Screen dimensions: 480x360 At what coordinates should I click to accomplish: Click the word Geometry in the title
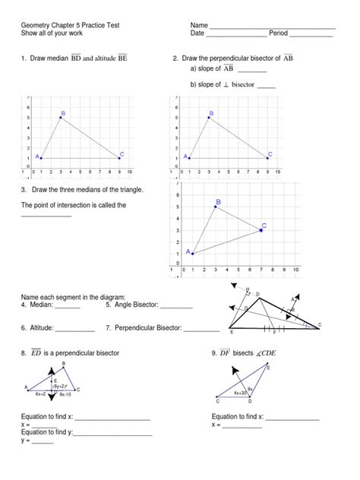pyautogui.click(x=36, y=26)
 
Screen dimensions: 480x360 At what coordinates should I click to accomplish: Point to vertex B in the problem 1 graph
pyautogui.click(x=60, y=118)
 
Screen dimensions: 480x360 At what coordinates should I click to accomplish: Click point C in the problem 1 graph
pyautogui.click(x=120, y=157)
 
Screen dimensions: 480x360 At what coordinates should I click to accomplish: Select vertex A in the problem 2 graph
pyautogui.click(x=189, y=157)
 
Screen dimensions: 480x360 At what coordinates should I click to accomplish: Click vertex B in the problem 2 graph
pyautogui.click(x=209, y=118)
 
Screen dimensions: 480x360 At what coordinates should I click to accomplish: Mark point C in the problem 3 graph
pyautogui.click(x=261, y=229)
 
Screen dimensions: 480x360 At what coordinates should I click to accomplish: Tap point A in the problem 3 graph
pyautogui.click(x=192, y=254)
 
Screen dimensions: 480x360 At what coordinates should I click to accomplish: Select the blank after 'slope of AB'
pyautogui.click(x=252, y=71)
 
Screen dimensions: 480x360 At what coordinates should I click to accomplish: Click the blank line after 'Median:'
pyautogui.click(x=67, y=308)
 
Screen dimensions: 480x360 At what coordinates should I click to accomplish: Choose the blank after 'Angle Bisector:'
pyautogui.click(x=176, y=308)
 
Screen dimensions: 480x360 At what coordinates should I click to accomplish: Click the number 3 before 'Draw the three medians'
pyautogui.click(x=24, y=189)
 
